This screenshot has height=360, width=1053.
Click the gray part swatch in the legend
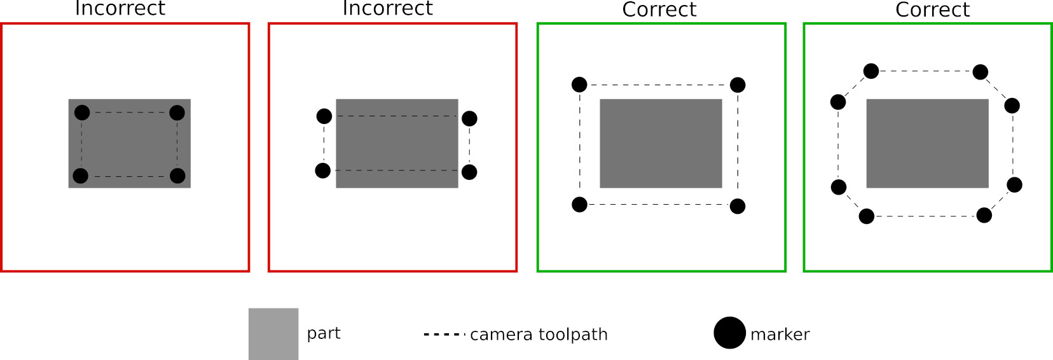coord(273,333)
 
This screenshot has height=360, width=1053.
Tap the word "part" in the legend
coord(323,333)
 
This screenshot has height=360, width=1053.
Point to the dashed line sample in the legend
coord(444,334)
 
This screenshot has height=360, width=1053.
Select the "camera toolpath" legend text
coord(539,334)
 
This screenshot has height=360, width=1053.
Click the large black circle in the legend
coord(729,333)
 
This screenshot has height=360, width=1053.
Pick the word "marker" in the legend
coord(780,334)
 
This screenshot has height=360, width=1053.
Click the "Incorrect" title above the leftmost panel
coord(120,9)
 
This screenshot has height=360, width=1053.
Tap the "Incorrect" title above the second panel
coord(387,9)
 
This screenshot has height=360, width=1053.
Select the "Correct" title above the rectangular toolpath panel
coord(659,10)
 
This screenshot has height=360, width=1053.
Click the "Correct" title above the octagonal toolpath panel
coord(932,10)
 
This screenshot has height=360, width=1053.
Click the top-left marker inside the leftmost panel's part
coord(82,113)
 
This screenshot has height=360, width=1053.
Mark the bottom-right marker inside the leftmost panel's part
coord(177,176)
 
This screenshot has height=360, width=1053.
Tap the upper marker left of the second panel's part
coord(324,116)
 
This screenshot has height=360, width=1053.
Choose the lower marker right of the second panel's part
coord(469,172)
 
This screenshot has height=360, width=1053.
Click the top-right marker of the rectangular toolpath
coord(738,85)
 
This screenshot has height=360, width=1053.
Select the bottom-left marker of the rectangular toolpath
coord(579,205)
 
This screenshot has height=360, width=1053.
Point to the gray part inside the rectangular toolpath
coord(661,143)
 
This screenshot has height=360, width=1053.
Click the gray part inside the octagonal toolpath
coord(927,143)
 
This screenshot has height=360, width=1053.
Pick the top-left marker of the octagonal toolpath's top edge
coord(871,71)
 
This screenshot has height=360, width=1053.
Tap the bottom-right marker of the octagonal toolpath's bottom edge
coord(984,215)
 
